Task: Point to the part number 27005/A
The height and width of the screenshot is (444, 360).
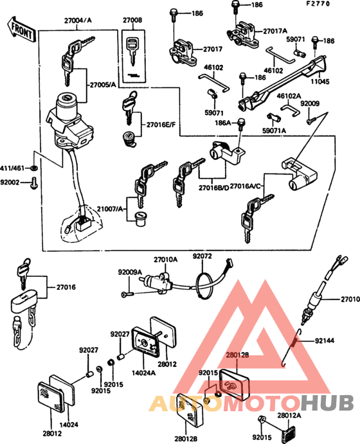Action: pos(103,85)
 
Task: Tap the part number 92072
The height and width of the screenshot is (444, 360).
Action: pos(202,256)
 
